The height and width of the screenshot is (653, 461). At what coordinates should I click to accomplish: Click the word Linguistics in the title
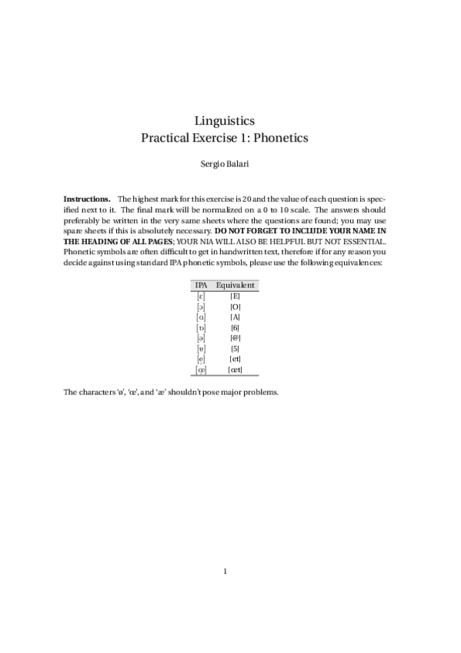tap(230, 120)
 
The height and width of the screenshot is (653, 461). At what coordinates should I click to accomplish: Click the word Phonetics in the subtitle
tap(281, 138)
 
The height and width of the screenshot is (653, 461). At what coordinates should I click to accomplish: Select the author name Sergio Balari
tap(230, 164)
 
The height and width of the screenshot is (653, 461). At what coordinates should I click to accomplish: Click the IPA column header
tap(201, 285)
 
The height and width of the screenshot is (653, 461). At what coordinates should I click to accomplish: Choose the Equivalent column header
tap(236, 285)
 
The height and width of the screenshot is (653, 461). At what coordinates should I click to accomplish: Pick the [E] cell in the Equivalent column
tap(236, 296)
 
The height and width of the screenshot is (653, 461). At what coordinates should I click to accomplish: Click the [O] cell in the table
tap(236, 306)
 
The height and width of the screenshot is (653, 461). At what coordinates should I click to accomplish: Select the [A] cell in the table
tap(236, 316)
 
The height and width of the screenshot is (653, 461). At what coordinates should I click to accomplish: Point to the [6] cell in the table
tap(236, 327)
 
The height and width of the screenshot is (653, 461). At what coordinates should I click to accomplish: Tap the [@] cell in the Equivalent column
tap(236, 338)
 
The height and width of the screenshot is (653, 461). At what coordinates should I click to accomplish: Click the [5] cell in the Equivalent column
tap(236, 348)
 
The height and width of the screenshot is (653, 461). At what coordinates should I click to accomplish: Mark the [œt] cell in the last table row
tap(236, 370)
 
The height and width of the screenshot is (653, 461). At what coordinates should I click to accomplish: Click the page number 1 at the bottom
tap(225, 571)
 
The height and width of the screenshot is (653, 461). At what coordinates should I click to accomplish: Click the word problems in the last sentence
tap(258, 392)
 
